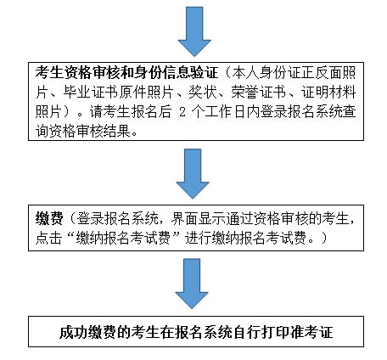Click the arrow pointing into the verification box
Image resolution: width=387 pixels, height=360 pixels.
pyautogui.click(x=194, y=31)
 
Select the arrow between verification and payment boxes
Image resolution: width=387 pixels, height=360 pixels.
pyautogui.click(x=193, y=174)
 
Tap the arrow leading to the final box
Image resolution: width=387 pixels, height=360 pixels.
pyautogui.click(x=192, y=284)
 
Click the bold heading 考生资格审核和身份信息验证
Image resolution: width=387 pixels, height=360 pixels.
pyautogui.click(x=127, y=73)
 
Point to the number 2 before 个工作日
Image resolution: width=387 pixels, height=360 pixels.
pyautogui.click(x=182, y=112)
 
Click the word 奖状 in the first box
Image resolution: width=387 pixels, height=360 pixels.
pyautogui.click(x=202, y=93)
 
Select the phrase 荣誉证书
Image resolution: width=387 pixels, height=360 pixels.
pyautogui.click(x=258, y=93)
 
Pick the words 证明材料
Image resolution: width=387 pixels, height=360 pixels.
pyautogui.click(x=328, y=93)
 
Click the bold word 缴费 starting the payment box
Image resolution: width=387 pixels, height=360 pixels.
pyautogui.click(x=49, y=218)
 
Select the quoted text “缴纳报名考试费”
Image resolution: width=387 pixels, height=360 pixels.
pyautogui.click(x=123, y=238)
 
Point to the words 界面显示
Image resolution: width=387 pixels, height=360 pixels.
pyautogui.click(x=198, y=218)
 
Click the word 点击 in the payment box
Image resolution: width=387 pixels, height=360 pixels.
pyautogui.click(x=48, y=238)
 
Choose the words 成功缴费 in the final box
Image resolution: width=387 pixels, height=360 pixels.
pyautogui.click(x=87, y=332)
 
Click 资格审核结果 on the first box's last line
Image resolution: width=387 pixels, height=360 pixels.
pyautogui.click(x=90, y=132)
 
